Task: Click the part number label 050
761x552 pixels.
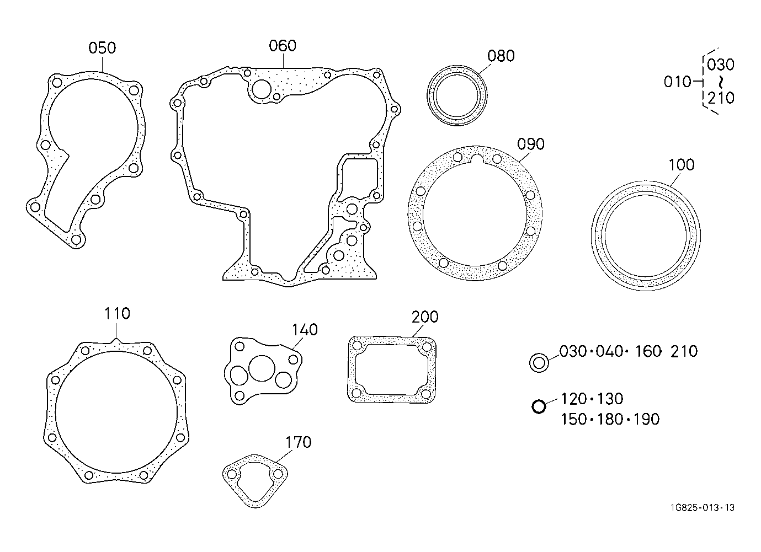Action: (x=102, y=48)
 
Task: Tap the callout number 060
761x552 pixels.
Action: (x=283, y=46)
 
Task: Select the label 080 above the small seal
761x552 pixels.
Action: (x=501, y=56)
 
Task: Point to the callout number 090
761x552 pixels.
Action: (x=531, y=144)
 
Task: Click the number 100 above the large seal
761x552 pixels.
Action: (x=682, y=165)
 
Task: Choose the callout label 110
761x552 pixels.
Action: (x=117, y=314)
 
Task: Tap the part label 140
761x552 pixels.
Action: (x=305, y=330)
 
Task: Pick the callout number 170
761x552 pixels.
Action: (x=299, y=442)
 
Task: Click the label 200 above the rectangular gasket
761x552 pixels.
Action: (x=425, y=317)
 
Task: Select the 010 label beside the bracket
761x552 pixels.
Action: (x=678, y=82)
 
